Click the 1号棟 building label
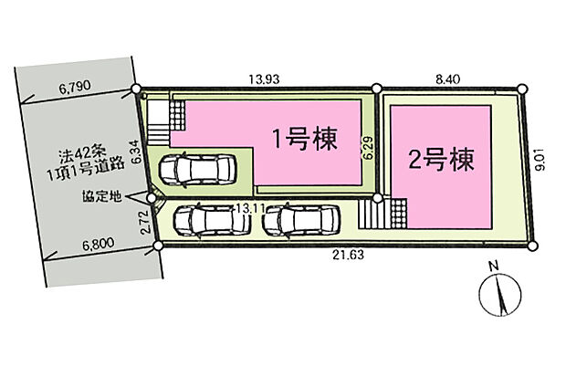[x=304, y=139]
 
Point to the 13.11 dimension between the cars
[x=241, y=209]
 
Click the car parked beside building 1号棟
[x=197, y=168]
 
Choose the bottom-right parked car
[x=302, y=220]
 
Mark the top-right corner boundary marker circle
[x=523, y=89]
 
